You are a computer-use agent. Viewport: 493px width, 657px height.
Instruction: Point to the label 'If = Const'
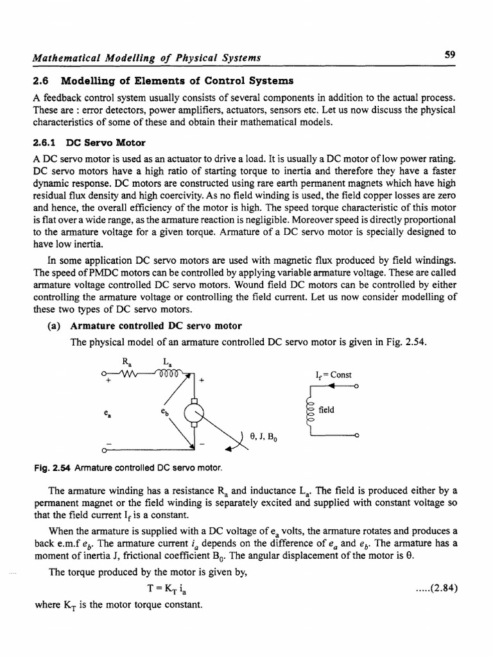(334, 374)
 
